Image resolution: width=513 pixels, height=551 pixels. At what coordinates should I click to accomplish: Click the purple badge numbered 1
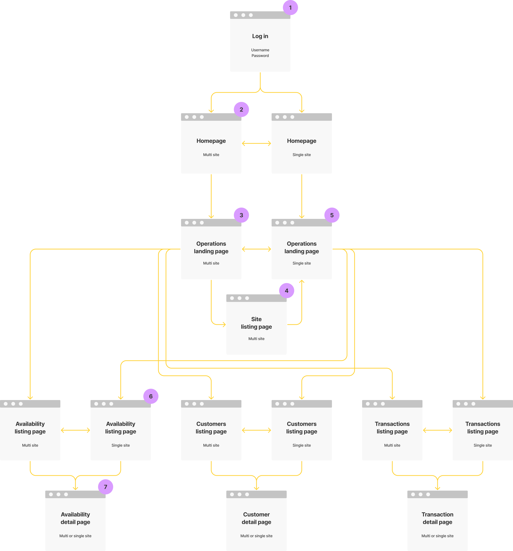290,8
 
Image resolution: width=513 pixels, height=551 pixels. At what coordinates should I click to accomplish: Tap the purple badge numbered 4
286,291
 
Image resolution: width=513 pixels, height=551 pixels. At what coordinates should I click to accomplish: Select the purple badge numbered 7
106,487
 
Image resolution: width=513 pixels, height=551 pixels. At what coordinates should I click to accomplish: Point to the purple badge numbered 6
151,396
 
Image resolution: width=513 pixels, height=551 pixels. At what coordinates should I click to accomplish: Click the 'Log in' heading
260,36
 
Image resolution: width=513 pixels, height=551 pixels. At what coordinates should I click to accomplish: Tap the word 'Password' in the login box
260,56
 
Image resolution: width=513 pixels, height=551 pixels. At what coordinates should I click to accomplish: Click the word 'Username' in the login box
260,50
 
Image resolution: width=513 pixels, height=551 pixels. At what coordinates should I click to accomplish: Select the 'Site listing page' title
256,323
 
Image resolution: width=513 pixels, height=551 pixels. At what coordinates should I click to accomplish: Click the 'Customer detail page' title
256,518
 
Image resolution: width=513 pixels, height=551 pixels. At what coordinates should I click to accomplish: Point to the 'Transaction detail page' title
437,518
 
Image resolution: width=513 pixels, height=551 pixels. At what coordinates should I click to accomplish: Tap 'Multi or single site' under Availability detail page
75,536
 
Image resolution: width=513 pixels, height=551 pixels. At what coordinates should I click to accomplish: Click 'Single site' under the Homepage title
302,155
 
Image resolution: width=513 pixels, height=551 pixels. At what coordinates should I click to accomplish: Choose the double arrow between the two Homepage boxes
256,144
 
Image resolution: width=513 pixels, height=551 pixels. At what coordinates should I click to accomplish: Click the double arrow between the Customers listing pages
256,430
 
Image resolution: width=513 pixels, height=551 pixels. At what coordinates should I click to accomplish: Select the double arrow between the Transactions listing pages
437,430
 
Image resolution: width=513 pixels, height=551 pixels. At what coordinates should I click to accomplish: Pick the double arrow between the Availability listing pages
75,430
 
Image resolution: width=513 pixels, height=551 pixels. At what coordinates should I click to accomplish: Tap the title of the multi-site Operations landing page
211,247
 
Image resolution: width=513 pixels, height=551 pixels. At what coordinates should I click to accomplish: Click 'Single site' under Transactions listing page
483,445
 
